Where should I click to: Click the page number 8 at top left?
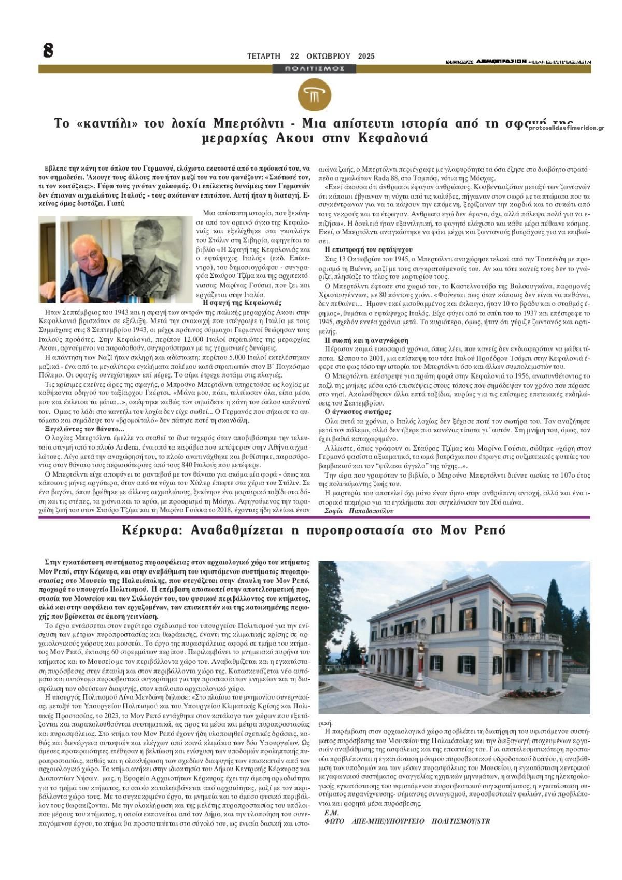click(48, 50)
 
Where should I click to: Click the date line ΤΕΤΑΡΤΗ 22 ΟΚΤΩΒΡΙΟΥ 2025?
click(310, 56)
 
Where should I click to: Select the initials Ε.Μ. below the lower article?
click(331, 813)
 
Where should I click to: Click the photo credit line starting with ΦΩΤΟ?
click(407, 821)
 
